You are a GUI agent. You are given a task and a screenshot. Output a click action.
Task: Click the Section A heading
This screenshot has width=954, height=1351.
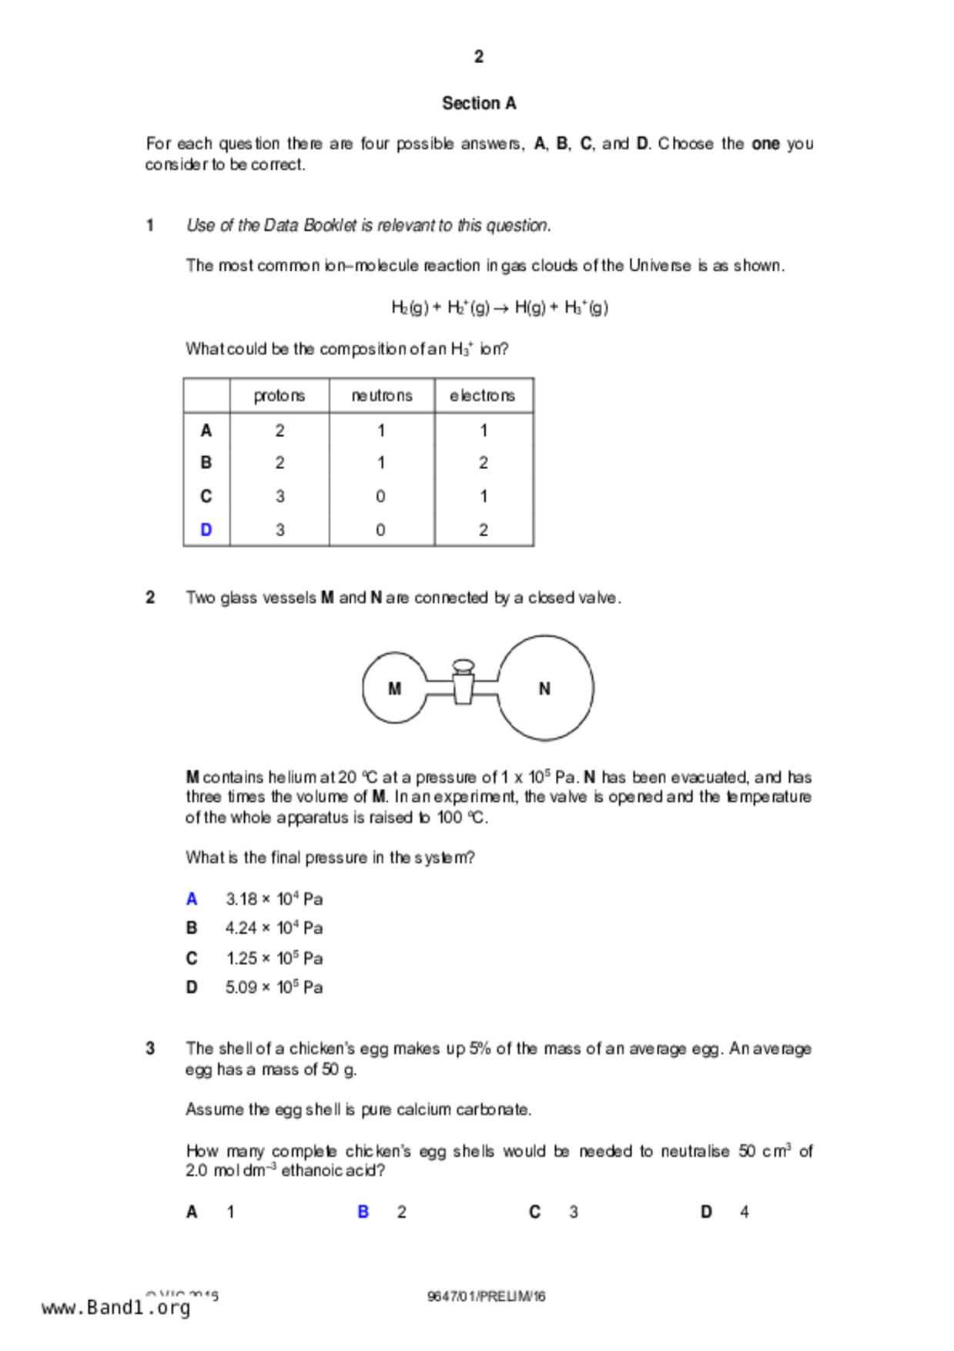pos(478,103)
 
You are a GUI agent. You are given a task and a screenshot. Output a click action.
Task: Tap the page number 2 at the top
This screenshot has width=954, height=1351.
pos(478,56)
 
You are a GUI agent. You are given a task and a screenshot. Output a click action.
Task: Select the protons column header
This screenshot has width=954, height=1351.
pos(279,396)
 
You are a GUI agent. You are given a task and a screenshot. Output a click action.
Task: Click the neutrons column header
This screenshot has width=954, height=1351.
pos(381,396)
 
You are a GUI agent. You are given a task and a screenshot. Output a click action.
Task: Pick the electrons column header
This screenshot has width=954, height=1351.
pos(483,396)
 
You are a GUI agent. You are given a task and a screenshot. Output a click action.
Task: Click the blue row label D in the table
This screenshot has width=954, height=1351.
pos(206,530)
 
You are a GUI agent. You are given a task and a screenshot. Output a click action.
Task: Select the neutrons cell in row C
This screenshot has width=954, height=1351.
pos(380,497)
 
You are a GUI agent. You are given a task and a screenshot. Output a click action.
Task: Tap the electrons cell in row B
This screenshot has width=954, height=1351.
pos(483,463)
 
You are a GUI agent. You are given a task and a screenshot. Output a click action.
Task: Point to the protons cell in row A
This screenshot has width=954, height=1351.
pos(279,431)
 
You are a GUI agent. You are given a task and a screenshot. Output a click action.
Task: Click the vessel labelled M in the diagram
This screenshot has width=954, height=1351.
pos(394,689)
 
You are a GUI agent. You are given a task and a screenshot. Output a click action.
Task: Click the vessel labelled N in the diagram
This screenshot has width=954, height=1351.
pos(544,689)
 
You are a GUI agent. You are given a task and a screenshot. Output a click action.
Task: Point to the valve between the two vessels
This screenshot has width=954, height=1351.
pos(463,682)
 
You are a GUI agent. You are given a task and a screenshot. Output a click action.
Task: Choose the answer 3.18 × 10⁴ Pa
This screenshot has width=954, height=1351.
pos(273,899)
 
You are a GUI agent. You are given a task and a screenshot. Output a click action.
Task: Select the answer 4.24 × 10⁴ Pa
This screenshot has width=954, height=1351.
pos(273,928)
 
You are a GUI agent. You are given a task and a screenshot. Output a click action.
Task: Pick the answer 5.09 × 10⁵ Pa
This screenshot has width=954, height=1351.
pos(273,987)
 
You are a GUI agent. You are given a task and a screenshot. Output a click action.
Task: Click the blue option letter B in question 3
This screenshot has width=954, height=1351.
pos(363,1212)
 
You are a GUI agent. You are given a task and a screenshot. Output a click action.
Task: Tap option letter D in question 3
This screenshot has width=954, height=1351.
pos(706,1212)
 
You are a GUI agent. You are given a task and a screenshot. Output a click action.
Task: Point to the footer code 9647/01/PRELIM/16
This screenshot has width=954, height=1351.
pos(486,1296)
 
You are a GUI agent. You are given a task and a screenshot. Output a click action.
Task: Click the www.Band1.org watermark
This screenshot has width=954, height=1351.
pos(115,1308)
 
